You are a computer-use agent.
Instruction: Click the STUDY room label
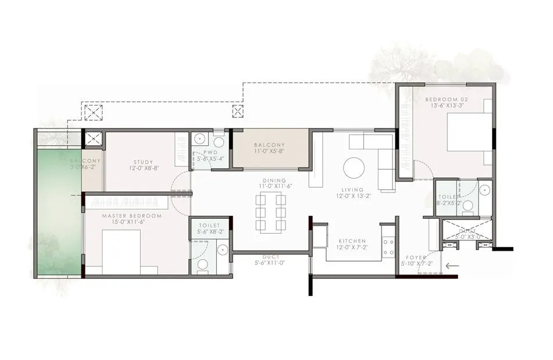click(142, 162)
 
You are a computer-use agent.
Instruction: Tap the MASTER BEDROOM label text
click(131, 216)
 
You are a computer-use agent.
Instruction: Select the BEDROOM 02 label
click(450, 99)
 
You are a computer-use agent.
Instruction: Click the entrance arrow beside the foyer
click(451, 267)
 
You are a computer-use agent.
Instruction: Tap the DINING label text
click(274, 181)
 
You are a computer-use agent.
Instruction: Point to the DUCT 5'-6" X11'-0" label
click(269, 263)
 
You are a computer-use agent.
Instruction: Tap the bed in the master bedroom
click(122, 250)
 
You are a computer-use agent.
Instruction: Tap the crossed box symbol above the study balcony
click(93, 112)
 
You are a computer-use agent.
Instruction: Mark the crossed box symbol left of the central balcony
click(237, 112)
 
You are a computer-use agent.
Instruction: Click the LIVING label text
click(353, 190)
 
